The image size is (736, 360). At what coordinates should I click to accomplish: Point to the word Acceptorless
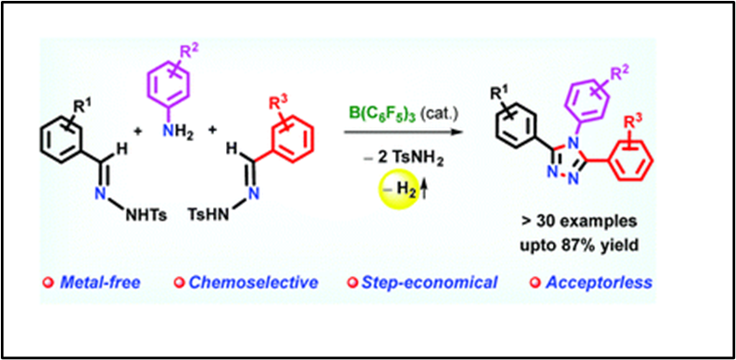pyautogui.click(x=597, y=282)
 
